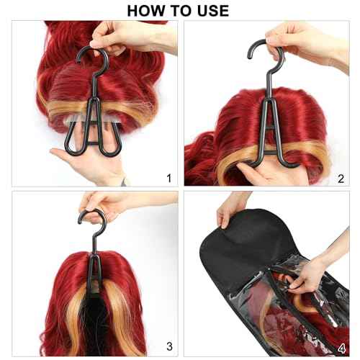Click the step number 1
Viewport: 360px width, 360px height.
pyautogui.click(x=168, y=178)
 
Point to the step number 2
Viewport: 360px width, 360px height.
pyautogui.click(x=341, y=178)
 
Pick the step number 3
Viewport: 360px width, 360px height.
pyautogui.click(x=168, y=346)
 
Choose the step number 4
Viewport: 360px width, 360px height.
pyautogui.click(x=341, y=346)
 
